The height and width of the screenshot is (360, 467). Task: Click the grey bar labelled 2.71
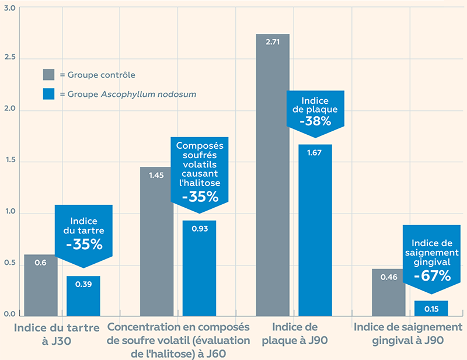click(x=273, y=175)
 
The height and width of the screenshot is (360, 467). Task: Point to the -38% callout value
click(x=315, y=121)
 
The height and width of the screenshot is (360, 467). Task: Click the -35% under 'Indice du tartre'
click(x=83, y=244)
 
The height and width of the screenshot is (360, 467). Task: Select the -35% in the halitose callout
click(x=200, y=197)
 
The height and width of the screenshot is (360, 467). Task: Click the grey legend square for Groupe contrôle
click(x=49, y=75)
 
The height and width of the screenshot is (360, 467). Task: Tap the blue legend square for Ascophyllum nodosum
click(x=49, y=93)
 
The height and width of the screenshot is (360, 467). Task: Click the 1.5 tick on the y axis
click(x=9, y=162)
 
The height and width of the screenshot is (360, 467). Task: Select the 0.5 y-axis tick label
click(x=9, y=264)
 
